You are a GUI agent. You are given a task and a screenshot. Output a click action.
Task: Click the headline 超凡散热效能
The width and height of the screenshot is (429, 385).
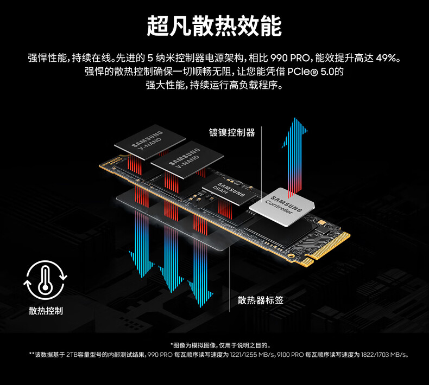[x=214, y=26]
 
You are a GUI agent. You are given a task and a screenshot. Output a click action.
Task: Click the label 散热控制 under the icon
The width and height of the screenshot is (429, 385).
[x=46, y=311]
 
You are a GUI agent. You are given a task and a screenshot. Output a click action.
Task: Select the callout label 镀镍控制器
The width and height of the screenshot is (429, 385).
[x=232, y=132]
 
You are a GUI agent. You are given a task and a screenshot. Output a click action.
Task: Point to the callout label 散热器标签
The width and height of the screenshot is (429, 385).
[x=260, y=300]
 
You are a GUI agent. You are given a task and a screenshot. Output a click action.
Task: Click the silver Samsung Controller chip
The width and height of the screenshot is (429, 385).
[x=282, y=207]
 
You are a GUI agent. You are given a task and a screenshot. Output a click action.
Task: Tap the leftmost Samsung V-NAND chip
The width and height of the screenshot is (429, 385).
[x=150, y=142]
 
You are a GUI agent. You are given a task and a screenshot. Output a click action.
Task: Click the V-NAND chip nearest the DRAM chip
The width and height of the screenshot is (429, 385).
[x=187, y=159]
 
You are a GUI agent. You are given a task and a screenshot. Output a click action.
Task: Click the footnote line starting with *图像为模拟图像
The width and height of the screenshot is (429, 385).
[x=221, y=345]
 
